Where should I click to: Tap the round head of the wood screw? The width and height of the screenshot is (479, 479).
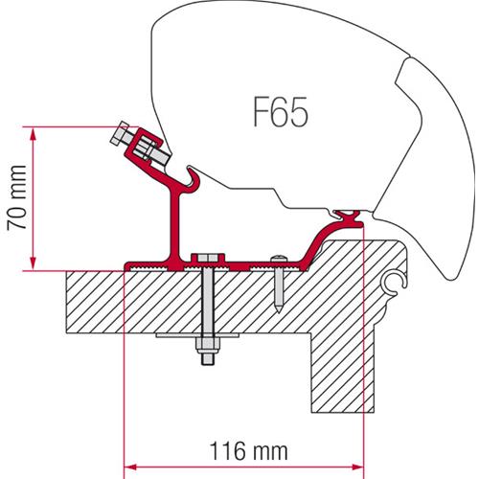point(278,259)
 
